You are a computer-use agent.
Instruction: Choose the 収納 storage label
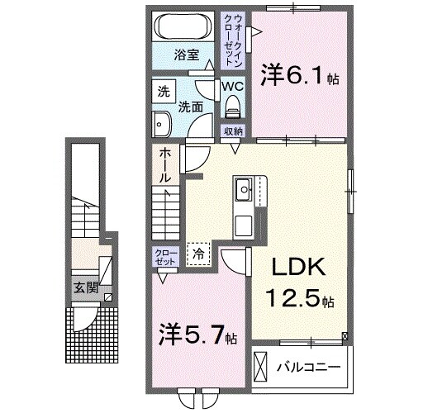pyautogui.click(x=232, y=131)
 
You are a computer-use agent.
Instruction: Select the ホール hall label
pyautogui.click(x=165, y=164)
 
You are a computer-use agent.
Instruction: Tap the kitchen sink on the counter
pyautogui.click(x=245, y=192)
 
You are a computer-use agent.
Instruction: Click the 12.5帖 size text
pyautogui.click(x=300, y=298)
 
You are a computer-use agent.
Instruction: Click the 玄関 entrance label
pyautogui.click(x=85, y=288)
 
